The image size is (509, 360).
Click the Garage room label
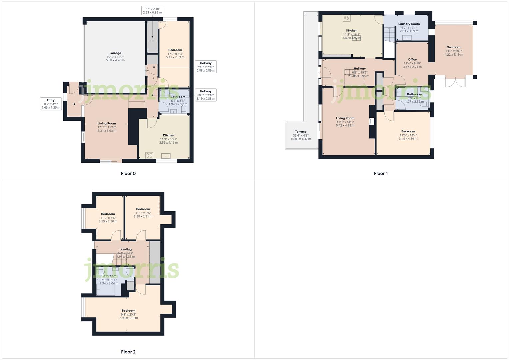tap(115, 53)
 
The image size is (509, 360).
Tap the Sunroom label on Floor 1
tap(454, 47)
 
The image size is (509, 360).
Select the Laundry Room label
tap(409, 24)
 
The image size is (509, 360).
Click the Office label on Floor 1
tap(412, 60)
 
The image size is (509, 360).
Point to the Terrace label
tap(301, 132)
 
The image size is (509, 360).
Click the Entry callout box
tap(51, 104)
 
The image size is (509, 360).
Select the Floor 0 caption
tap(128, 173)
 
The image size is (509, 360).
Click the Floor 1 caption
tap(381, 173)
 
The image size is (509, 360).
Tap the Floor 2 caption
tap(128, 352)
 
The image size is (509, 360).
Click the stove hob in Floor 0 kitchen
tap(149, 155)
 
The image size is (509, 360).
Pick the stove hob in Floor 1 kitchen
tap(347, 18)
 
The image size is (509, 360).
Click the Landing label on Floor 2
tap(126, 249)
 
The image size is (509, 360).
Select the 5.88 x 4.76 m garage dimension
tap(115, 60)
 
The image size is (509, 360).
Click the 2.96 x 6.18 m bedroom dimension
tap(128, 318)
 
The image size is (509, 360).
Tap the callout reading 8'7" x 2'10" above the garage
tap(152, 11)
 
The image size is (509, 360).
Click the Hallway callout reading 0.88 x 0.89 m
tap(206, 67)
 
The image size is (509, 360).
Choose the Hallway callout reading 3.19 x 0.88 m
tap(206, 95)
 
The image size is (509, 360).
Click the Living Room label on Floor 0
tap(107, 123)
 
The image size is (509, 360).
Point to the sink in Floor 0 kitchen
tap(166, 156)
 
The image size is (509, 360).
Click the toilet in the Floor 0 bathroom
tap(184, 109)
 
